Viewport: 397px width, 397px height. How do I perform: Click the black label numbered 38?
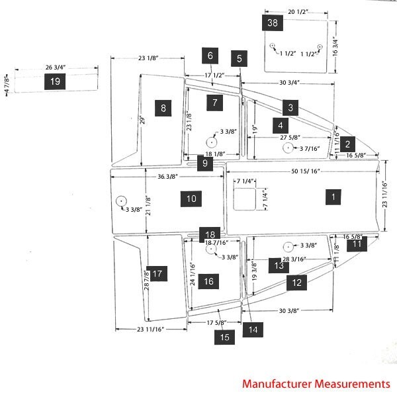pyautogui.click(x=272, y=23)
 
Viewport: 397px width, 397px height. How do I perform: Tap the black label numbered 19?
pyautogui.click(x=55, y=81)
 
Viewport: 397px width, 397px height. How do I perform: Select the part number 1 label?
pyautogui.click(x=334, y=197)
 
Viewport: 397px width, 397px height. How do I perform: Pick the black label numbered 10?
pyautogui.click(x=191, y=198)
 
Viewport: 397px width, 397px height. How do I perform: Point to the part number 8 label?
pyautogui.click(x=162, y=107)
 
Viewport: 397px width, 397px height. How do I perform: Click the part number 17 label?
pyautogui.click(x=157, y=273)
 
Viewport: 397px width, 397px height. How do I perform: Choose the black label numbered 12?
pyautogui.click(x=296, y=283)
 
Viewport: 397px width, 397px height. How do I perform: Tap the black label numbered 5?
pyautogui.click(x=240, y=58)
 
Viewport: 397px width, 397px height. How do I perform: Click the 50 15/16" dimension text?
pyautogui.click(x=306, y=171)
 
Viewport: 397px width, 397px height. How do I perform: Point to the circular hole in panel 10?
pyautogui.click(x=121, y=200)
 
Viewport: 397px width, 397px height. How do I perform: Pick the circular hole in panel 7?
pyautogui.click(x=211, y=142)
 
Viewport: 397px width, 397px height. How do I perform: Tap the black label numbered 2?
pyautogui.click(x=347, y=142)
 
